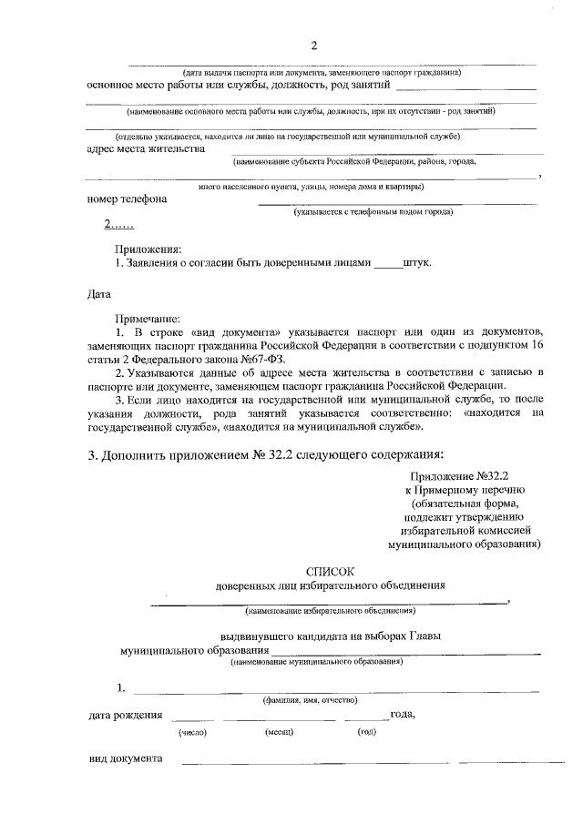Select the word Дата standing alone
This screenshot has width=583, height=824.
pos(99,295)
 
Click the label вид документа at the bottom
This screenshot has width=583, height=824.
pos(125,758)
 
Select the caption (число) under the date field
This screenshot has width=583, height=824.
pos(192,731)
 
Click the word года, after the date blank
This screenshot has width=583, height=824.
pos(404,714)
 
